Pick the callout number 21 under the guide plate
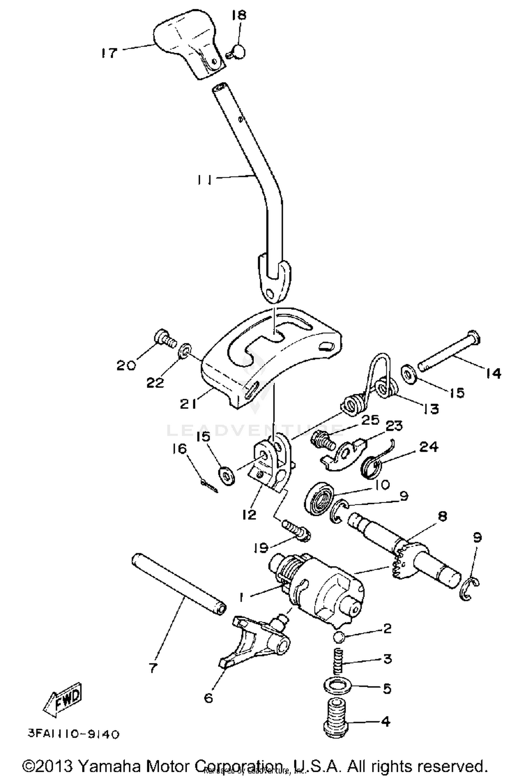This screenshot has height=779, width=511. coord(188,404)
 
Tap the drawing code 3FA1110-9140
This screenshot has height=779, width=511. coord(74,734)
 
